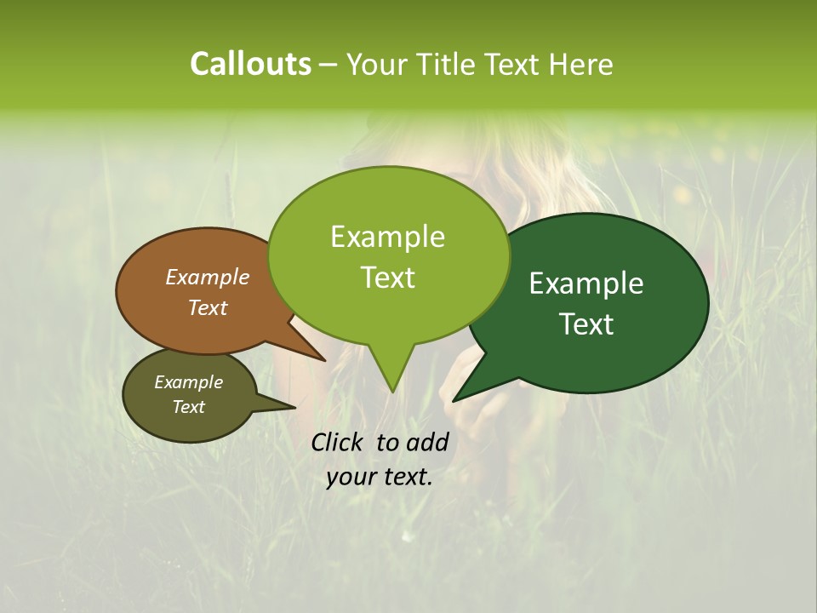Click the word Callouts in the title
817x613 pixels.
point(250,64)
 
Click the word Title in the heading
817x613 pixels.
point(450,64)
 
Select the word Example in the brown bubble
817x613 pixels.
point(208,277)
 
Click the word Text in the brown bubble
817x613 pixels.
point(208,307)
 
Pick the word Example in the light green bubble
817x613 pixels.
point(387,237)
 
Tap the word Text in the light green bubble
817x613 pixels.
point(387,277)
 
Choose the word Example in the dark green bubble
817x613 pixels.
point(586,284)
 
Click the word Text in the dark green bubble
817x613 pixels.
point(587,324)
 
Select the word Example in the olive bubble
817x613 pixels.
point(189,382)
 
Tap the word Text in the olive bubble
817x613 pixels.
point(189,407)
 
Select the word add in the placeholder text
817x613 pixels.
point(427,442)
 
